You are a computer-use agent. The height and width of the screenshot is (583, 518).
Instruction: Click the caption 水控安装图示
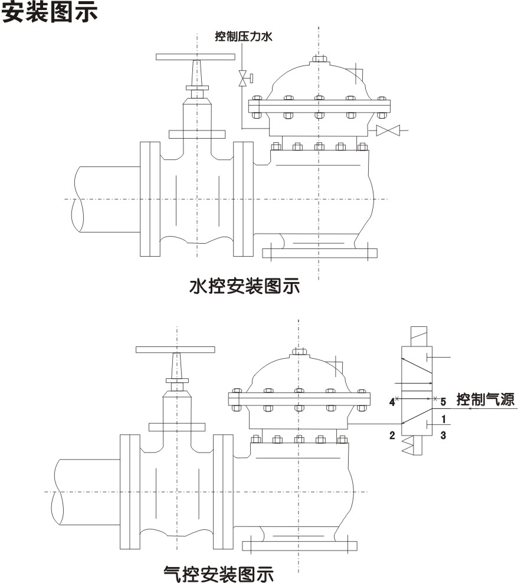(x=244, y=287)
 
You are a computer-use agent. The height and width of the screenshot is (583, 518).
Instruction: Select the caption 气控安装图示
(x=218, y=572)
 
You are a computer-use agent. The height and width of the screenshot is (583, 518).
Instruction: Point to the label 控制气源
(x=485, y=399)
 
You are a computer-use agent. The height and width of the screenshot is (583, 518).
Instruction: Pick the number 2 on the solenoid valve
(x=392, y=436)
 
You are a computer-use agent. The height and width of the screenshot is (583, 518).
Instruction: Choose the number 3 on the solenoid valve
(x=443, y=436)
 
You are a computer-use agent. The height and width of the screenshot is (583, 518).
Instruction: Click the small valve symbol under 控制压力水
(x=242, y=78)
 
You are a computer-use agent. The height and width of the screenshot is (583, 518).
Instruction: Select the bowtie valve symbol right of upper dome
(x=388, y=130)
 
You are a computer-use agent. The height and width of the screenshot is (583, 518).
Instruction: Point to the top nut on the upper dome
(x=319, y=58)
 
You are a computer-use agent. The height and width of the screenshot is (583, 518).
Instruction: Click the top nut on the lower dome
(x=299, y=352)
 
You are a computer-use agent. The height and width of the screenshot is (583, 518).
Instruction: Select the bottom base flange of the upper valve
(x=319, y=254)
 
